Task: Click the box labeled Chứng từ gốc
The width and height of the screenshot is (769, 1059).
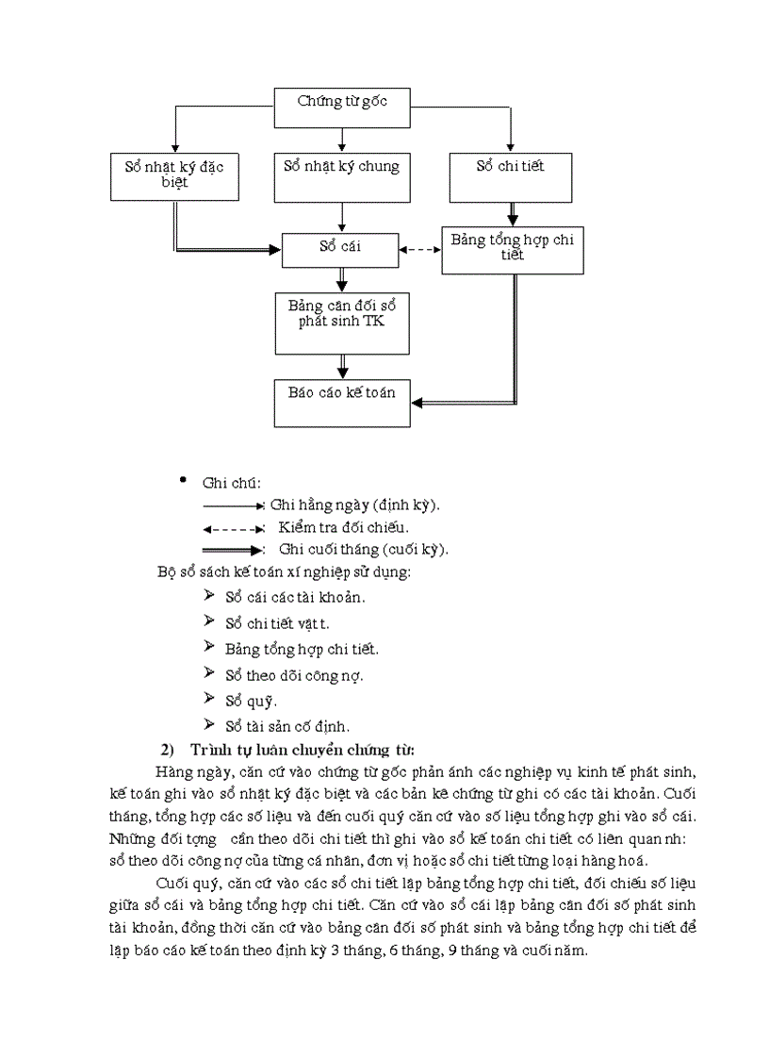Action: coord(341,108)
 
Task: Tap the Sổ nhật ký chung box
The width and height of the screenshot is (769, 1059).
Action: coord(341,177)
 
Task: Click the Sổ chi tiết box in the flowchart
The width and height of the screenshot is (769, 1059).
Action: coord(510,177)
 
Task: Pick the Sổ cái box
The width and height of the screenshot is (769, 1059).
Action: coord(341,249)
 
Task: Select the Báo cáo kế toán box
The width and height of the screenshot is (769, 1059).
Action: coord(341,401)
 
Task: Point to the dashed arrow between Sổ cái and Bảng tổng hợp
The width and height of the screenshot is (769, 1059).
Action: coord(420,250)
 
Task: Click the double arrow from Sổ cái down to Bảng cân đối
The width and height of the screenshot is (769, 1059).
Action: coord(342,281)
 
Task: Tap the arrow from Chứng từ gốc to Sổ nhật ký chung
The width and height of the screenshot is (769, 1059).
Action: coord(341,140)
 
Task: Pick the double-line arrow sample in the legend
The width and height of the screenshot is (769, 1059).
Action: coord(232,549)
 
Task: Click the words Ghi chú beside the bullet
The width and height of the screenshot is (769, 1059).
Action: coord(224,483)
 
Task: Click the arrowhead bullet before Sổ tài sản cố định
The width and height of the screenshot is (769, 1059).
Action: coord(209,724)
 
